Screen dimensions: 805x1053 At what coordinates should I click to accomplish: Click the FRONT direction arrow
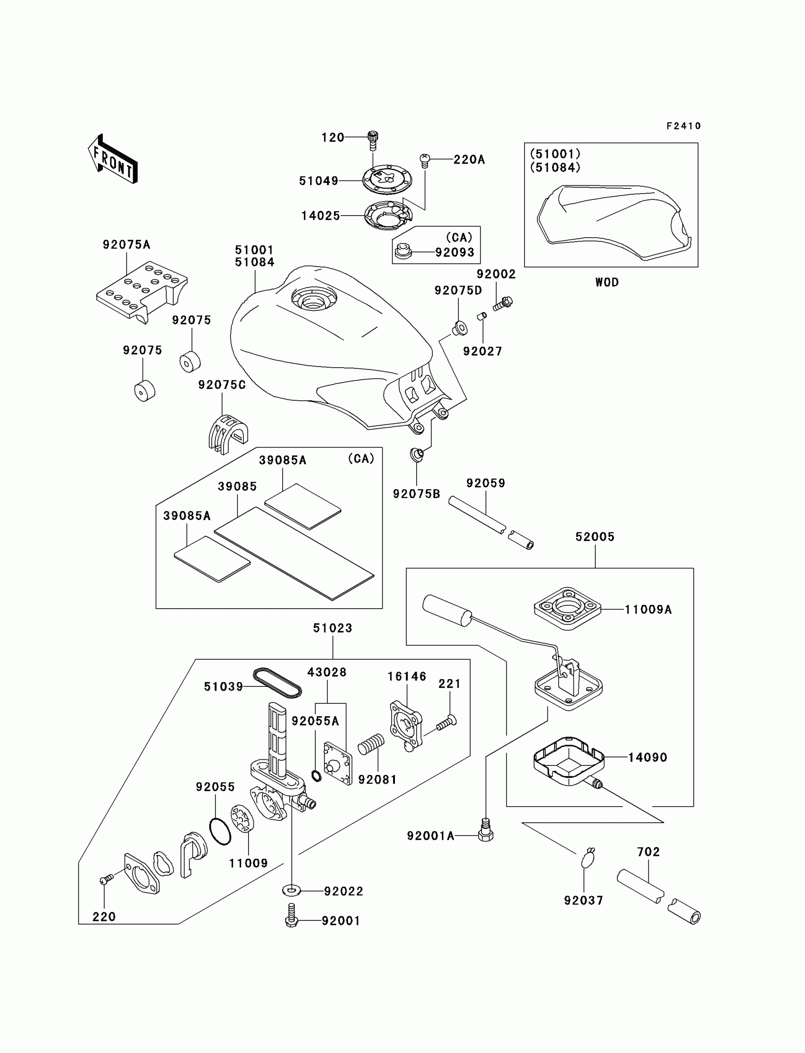113,159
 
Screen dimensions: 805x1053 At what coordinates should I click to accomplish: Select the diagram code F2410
683,126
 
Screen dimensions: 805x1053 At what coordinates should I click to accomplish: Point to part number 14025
320,216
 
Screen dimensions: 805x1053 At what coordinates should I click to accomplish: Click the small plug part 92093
402,251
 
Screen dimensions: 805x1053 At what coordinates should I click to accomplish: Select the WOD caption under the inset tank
607,282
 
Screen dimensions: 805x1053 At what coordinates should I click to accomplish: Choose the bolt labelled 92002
502,304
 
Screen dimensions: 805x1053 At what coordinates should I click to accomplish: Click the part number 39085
237,486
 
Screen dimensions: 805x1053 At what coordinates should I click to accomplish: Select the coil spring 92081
371,744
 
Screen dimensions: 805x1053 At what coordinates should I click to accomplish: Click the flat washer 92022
291,891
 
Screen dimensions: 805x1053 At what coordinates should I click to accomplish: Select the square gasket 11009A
567,609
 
